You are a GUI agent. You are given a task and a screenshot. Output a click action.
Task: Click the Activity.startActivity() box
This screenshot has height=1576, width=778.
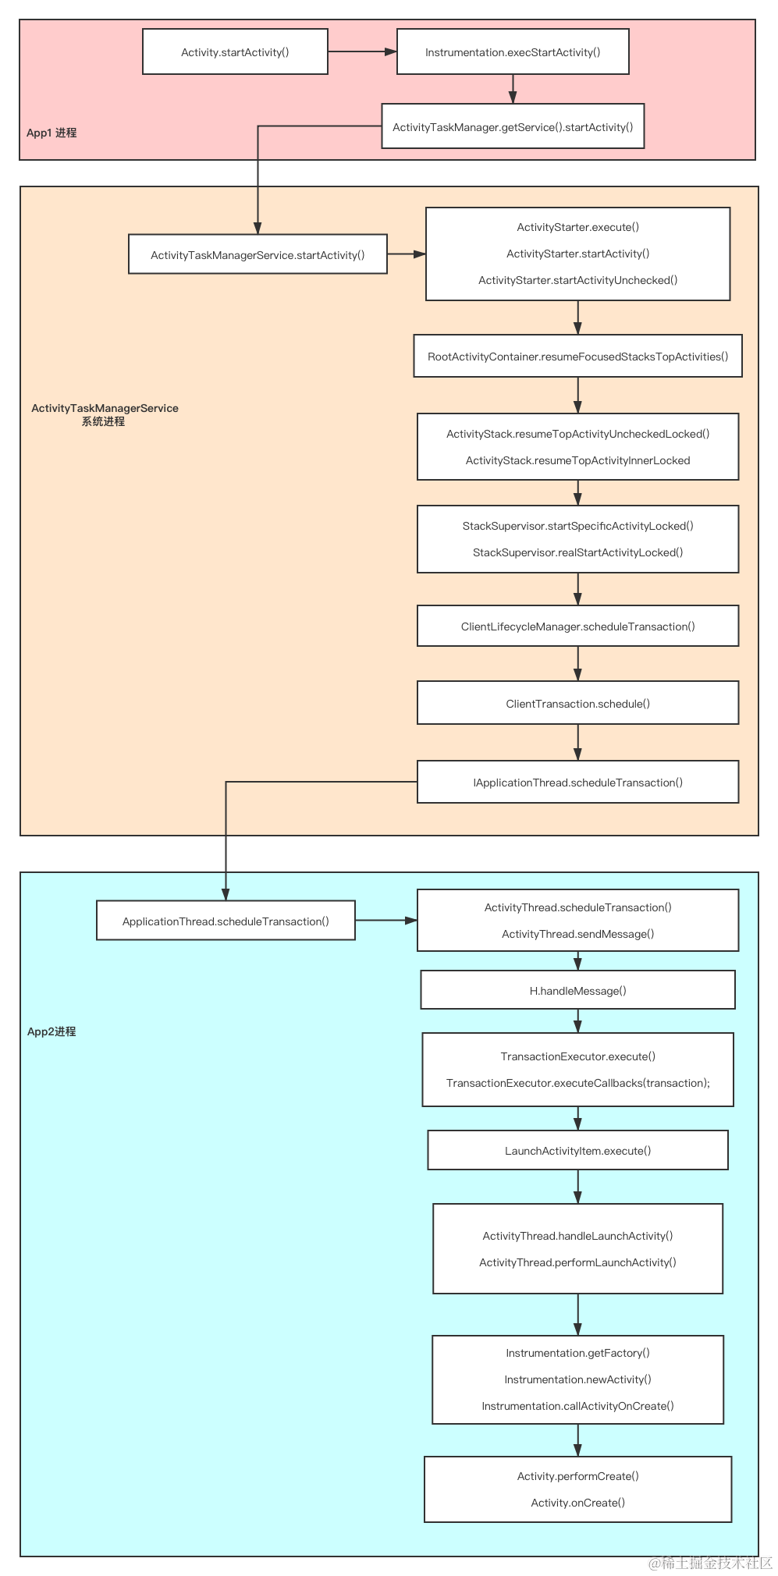click(235, 52)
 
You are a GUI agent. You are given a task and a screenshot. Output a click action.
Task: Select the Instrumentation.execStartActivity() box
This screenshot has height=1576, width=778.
click(513, 52)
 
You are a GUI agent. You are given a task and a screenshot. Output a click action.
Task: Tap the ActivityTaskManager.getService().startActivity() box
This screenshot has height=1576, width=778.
click(513, 127)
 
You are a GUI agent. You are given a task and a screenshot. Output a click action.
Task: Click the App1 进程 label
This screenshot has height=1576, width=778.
click(52, 133)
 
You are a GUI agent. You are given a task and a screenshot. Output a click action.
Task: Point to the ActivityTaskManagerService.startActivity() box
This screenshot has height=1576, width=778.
click(258, 255)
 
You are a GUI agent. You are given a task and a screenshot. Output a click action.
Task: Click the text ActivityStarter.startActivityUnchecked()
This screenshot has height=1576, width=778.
click(577, 280)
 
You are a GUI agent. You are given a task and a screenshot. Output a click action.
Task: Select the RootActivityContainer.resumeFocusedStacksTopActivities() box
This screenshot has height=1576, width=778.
click(577, 357)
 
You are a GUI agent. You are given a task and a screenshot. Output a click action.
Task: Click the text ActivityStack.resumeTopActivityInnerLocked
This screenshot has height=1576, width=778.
click(577, 460)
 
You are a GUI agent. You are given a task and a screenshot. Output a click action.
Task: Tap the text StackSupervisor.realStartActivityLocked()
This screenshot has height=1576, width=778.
click(577, 552)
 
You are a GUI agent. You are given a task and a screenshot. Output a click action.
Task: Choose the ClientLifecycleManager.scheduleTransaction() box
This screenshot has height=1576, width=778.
click(577, 626)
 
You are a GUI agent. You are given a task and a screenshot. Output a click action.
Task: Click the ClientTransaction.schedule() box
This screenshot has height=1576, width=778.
click(577, 704)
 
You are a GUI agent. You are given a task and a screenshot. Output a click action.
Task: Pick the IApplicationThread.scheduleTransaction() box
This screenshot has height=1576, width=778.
click(577, 783)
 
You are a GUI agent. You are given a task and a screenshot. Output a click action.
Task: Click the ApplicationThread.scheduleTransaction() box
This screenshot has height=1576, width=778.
click(226, 921)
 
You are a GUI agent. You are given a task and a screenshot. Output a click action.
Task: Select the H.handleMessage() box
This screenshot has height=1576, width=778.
click(577, 991)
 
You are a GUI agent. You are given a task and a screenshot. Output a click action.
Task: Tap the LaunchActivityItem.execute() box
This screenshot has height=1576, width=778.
click(577, 1151)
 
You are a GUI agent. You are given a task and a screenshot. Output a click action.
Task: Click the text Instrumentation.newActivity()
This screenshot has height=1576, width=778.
click(577, 1379)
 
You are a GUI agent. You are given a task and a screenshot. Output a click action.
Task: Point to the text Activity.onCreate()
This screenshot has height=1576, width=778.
click(577, 1503)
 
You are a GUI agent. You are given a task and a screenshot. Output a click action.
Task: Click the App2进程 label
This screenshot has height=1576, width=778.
click(52, 1031)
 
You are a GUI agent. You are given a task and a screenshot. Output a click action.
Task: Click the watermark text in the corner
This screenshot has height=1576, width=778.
click(708, 1562)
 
